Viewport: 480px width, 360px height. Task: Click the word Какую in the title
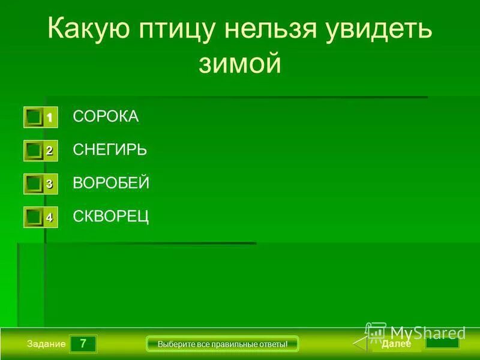[x=89, y=29]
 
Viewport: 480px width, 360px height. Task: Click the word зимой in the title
[x=239, y=64]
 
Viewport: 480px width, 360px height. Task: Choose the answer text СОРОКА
[x=106, y=116]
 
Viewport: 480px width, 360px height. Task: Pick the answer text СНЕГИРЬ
[x=110, y=150]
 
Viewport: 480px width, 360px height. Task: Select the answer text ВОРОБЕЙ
[x=111, y=184]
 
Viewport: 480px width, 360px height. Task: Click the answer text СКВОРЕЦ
[x=111, y=217]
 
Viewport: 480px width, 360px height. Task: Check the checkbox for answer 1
[x=34, y=118]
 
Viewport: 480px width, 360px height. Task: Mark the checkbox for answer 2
[x=34, y=151]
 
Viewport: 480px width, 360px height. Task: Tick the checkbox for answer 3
[x=34, y=184]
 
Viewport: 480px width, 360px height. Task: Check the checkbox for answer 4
[x=34, y=218]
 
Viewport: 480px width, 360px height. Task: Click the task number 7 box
[x=83, y=344]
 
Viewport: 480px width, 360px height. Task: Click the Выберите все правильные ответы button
[x=223, y=344]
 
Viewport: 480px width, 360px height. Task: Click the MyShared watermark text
[x=427, y=332]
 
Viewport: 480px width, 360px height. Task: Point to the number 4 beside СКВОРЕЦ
[x=50, y=218]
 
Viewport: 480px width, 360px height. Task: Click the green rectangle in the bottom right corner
[x=442, y=344]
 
